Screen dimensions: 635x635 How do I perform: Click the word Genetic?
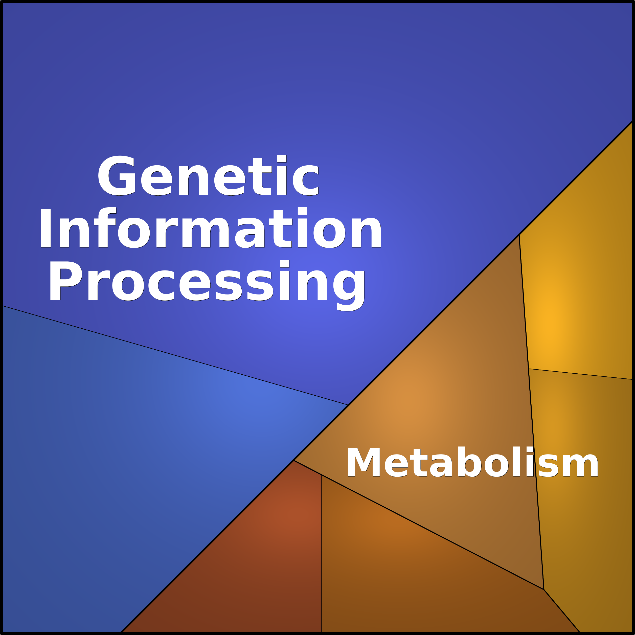(x=208, y=175)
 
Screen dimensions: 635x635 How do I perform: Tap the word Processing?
(x=207, y=285)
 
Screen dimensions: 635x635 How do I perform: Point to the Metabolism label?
(x=472, y=461)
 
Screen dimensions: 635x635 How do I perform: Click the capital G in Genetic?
(x=117, y=175)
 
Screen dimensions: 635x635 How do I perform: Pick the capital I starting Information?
(x=46, y=228)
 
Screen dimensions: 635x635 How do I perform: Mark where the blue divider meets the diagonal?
(x=348, y=405)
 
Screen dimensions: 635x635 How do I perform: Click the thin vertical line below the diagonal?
(x=322, y=554)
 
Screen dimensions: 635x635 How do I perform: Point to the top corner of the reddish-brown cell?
(x=293, y=460)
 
